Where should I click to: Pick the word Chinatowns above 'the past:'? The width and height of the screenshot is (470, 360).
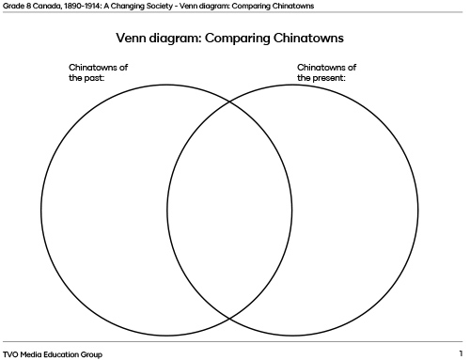[99, 68]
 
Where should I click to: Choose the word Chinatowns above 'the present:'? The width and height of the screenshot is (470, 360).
[326, 68]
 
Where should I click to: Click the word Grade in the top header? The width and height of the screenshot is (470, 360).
[12, 6]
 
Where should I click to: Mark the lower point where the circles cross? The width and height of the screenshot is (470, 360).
[230, 320]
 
